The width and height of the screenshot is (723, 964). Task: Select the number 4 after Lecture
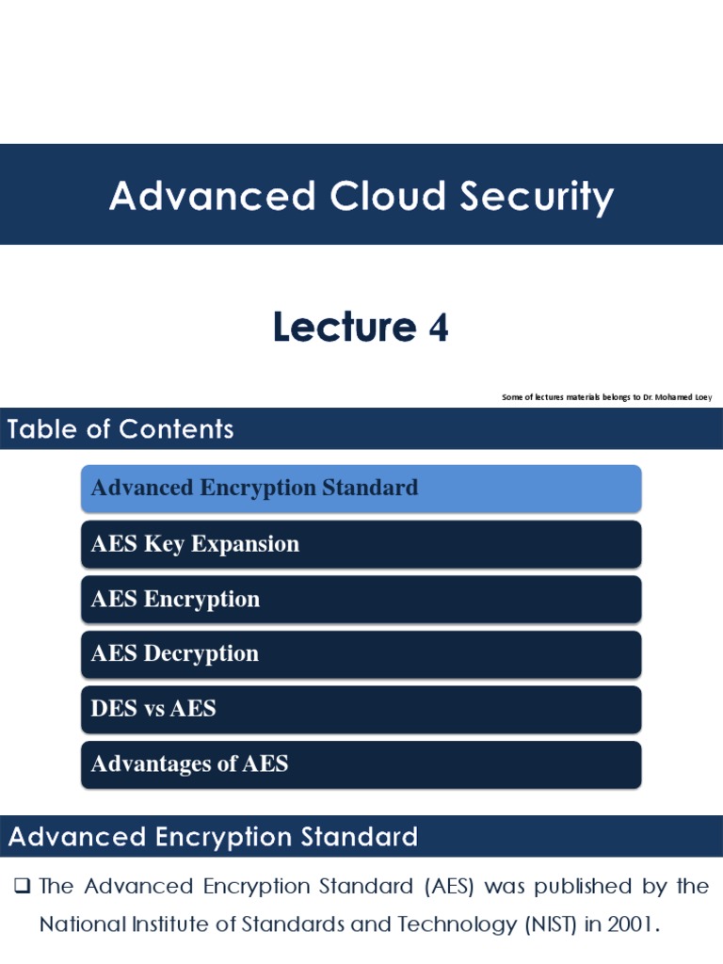(438, 328)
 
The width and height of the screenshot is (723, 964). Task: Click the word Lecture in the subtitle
(344, 328)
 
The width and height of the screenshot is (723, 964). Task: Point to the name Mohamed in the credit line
(667, 397)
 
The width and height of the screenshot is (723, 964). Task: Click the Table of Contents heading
(120, 429)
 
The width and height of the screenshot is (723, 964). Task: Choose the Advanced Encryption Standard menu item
(361, 488)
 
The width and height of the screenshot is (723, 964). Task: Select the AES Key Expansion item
(361, 544)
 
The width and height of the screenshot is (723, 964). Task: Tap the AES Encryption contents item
(361, 600)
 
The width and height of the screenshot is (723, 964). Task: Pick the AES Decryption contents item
(361, 654)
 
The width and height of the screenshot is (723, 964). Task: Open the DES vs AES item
(361, 709)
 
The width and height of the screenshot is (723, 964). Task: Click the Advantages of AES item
(361, 763)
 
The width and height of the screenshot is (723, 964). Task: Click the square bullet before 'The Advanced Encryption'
(24, 886)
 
